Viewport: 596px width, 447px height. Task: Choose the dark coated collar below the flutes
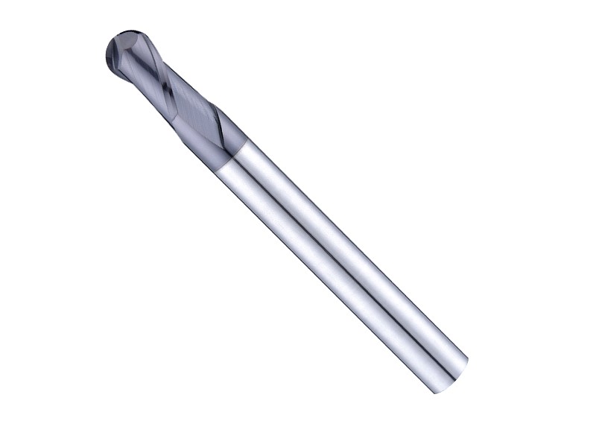click(223, 142)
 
